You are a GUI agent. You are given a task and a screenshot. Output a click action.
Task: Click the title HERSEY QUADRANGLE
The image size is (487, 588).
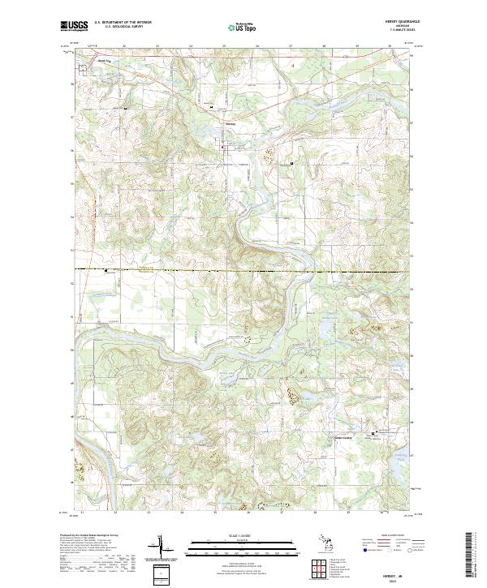point(398,22)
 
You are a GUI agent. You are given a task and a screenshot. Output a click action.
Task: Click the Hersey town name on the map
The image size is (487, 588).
point(231,124)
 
